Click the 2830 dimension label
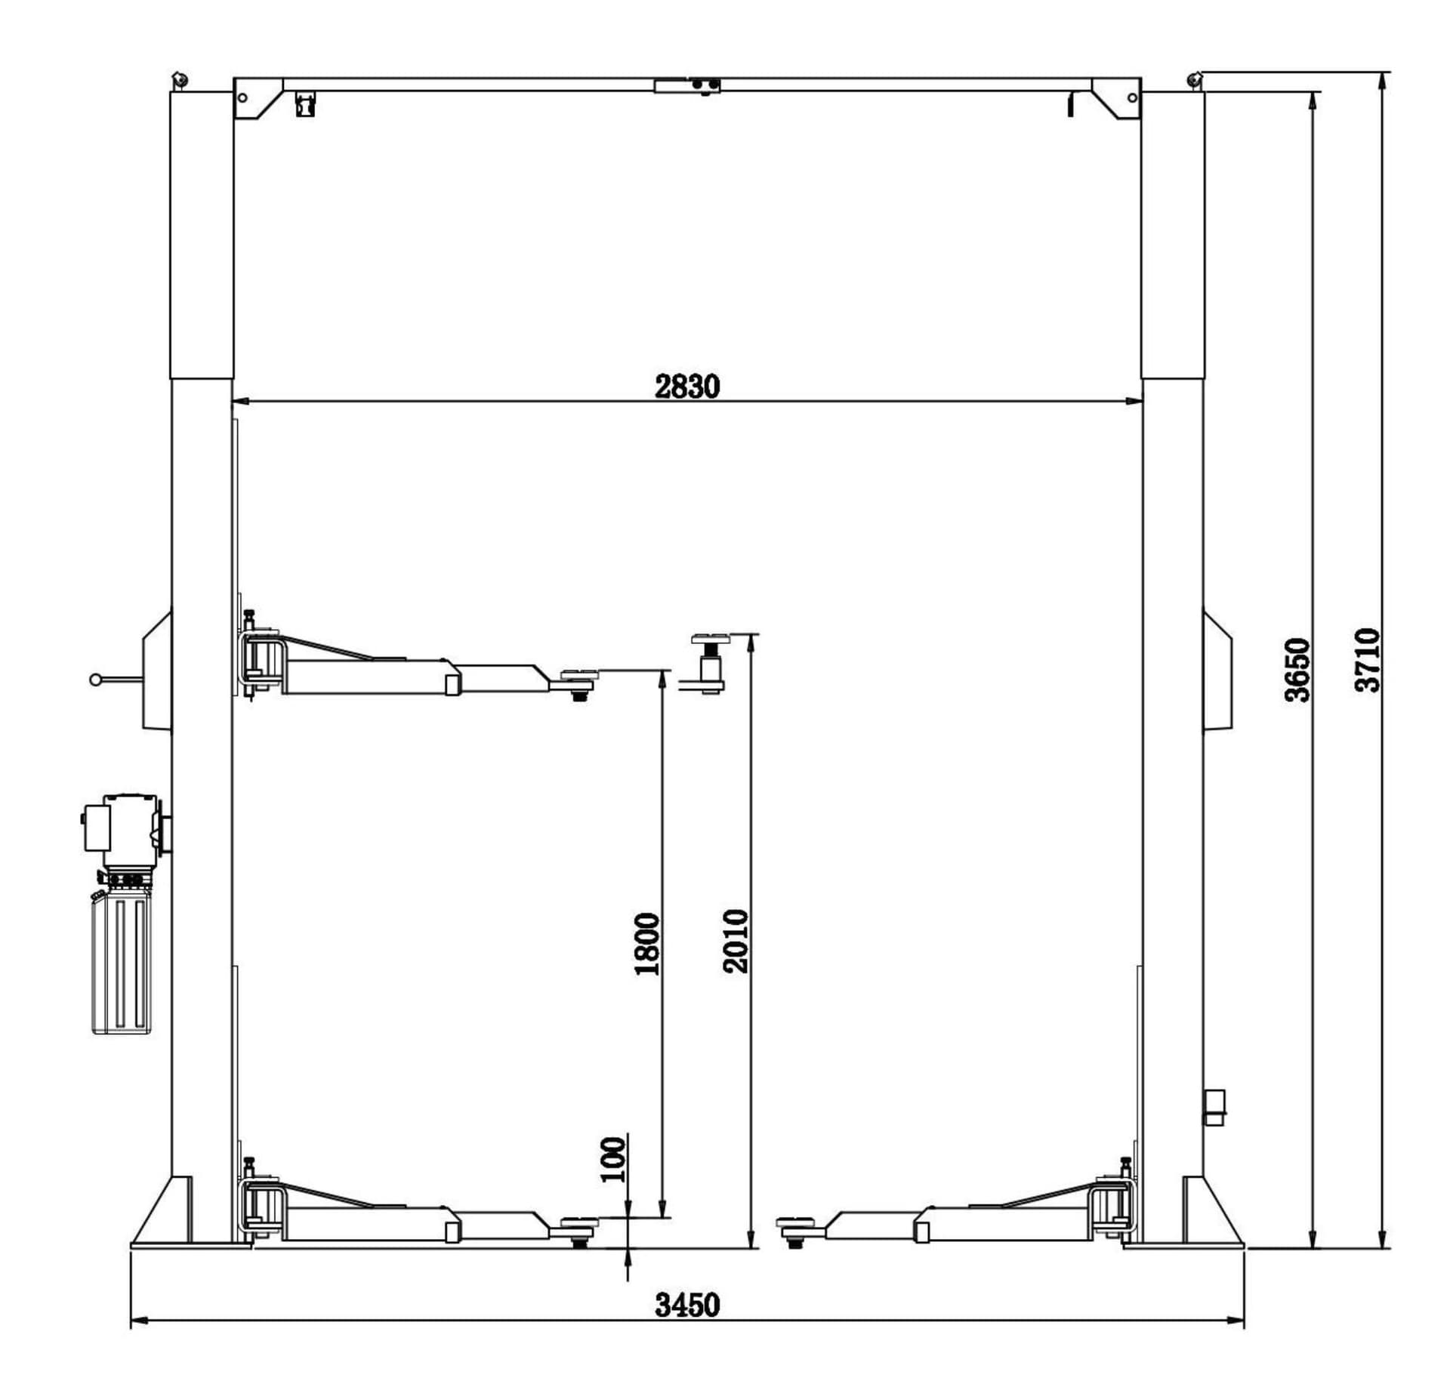point(687,387)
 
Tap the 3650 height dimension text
point(1297,670)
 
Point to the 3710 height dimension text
point(1368,660)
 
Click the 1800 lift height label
point(647,944)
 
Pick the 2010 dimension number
point(736,941)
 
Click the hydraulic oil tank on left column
point(122,963)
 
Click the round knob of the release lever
point(95,680)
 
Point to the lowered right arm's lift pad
point(794,1220)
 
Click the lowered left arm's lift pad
point(579,1221)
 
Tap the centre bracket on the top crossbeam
point(687,85)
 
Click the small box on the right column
point(1214,1107)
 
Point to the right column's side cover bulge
point(1217,672)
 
